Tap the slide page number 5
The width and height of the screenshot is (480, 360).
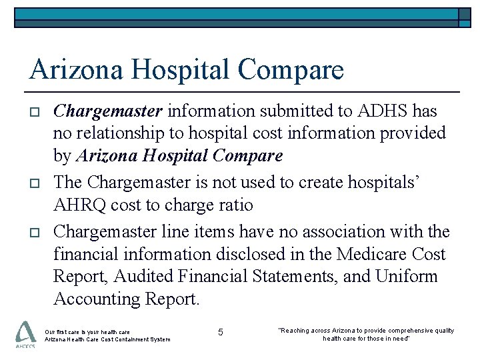pos(221,331)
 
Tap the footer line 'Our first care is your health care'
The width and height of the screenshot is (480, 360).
pos(87,331)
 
